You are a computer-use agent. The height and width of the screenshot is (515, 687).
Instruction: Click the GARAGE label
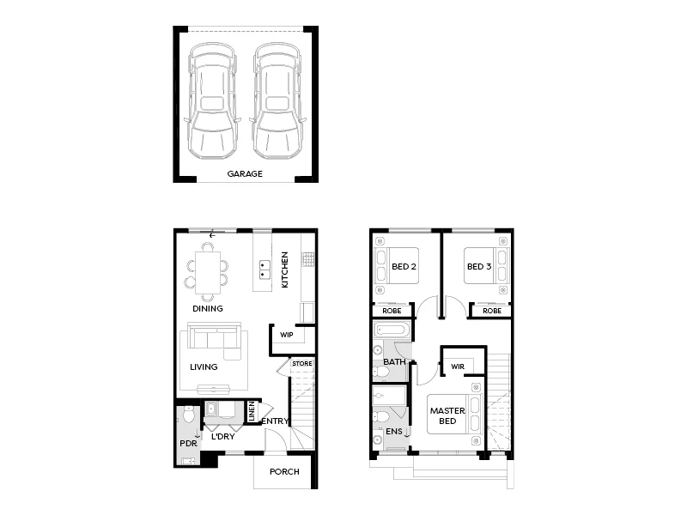[245, 173]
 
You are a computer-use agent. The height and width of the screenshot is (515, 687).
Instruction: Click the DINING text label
[208, 308]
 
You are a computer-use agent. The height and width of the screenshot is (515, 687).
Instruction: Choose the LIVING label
[204, 367]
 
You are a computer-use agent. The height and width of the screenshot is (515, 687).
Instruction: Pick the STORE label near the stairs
[302, 364]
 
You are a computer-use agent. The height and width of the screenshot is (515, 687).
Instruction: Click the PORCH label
[284, 471]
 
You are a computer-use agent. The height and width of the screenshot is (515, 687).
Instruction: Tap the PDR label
[188, 444]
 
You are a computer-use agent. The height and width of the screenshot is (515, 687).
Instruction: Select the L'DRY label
[223, 436]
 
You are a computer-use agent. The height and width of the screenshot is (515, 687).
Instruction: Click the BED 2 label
[404, 267]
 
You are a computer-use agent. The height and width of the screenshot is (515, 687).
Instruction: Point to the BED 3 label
[478, 267]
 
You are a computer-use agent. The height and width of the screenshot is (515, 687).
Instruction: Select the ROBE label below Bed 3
[492, 311]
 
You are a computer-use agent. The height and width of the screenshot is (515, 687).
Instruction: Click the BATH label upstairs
[394, 361]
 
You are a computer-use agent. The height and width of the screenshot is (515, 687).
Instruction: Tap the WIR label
[458, 367]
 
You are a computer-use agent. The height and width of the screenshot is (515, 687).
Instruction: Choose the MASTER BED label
[447, 415]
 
